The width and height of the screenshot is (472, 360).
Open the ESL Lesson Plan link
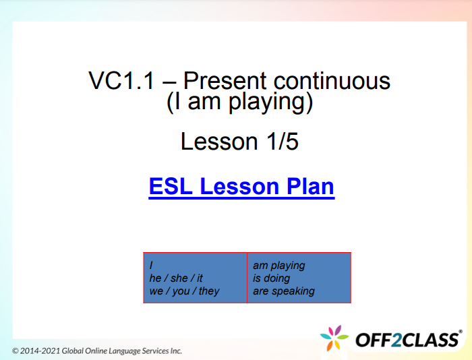[x=241, y=186]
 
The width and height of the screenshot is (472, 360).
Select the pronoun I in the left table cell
[x=152, y=266]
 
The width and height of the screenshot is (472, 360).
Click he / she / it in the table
[x=176, y=278]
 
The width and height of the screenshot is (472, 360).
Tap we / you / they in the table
[x=184, y=291]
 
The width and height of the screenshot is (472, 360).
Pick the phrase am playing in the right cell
[x=278, y=266]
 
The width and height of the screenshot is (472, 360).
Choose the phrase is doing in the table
[x=271, y=278]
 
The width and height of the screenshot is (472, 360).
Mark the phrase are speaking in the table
[x=283, y=291]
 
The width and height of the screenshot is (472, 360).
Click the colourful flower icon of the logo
[x=334, y=338]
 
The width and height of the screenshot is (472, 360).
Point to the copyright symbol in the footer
[x=16, y=351]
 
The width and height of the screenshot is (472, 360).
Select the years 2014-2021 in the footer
[x=41, y=351]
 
